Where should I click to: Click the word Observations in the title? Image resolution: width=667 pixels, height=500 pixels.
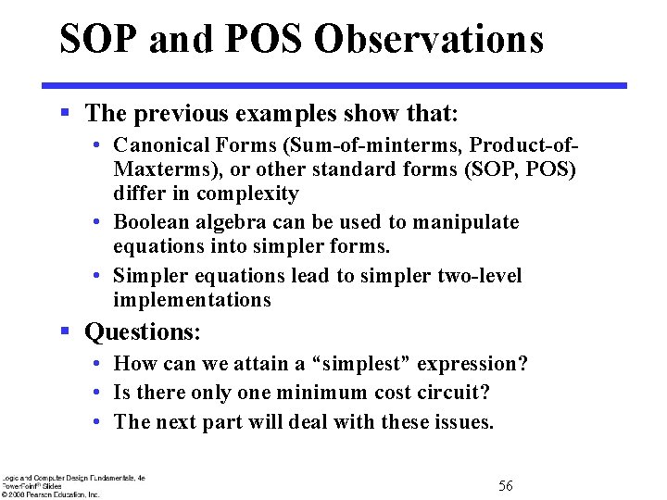429,40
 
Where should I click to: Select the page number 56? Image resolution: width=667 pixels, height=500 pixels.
505,485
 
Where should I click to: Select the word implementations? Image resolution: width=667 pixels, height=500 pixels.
192,300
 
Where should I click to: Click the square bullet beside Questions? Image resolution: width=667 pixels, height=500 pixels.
65,331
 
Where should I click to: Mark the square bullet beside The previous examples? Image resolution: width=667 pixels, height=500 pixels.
65,112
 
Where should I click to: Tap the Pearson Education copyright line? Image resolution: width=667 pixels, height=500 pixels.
51,494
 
